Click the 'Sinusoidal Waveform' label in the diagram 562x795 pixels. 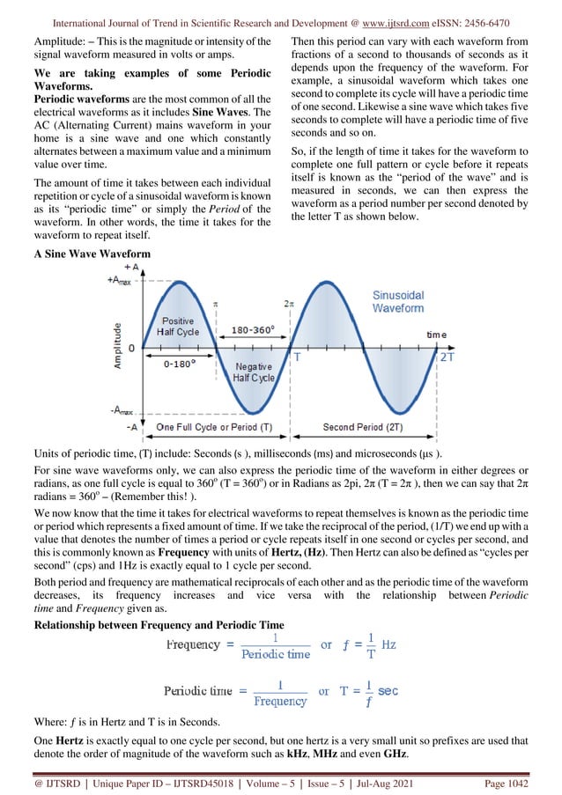click(397, 302)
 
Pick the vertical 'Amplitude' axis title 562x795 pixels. click(116, 345)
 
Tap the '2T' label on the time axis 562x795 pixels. click(447, 357)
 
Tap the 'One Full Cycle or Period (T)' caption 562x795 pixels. click(214, 428)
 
